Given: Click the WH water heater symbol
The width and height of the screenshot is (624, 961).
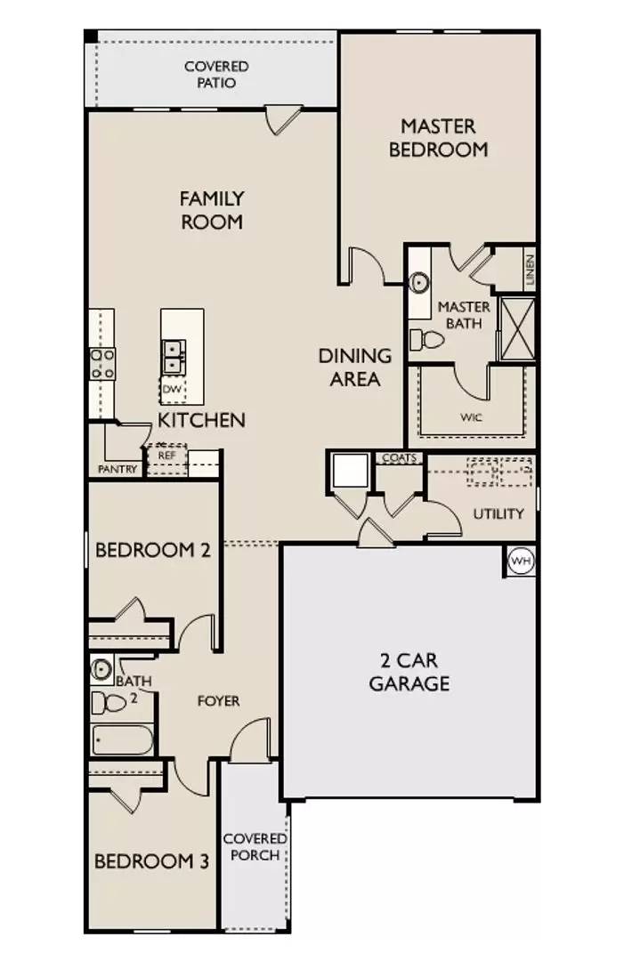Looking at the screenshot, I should point(520,561).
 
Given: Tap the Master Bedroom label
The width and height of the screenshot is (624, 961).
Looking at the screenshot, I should point(438,138).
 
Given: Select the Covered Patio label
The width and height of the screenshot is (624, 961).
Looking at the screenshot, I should point(216,75).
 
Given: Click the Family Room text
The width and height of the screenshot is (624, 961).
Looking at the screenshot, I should point(212,210).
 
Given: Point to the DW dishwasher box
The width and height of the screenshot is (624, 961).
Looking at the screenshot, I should point(171,389).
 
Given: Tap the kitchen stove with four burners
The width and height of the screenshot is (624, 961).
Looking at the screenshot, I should point(101,364).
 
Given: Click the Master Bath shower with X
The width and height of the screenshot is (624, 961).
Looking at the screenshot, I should point(516,327).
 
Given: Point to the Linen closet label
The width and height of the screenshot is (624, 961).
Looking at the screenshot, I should point(530,268).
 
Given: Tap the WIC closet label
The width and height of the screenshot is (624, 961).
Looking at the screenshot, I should point(471,416).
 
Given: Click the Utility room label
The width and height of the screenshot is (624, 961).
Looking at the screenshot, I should point(498,513).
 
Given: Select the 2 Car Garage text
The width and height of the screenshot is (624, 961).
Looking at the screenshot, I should point(409,673).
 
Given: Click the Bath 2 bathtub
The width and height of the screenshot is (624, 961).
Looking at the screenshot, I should point(123,740).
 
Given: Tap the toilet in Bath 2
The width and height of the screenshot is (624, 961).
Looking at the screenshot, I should point(109,703).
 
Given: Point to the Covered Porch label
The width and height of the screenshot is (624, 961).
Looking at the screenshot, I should point(255,846).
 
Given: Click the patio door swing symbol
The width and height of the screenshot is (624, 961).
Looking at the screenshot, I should point(283,119).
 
